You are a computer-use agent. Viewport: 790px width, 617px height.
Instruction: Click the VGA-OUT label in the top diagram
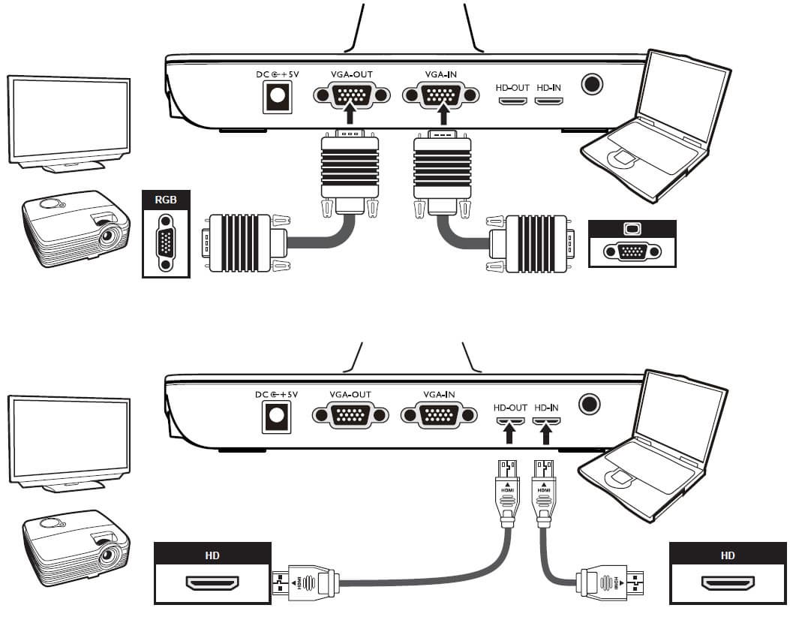click(x=350, y=74)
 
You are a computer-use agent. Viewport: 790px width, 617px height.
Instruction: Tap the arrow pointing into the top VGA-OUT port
click(x=350, y=113)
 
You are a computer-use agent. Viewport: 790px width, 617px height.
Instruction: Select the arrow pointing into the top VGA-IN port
click(x=443, y=113)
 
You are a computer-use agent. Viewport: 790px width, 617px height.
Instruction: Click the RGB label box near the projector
click(x=166, y=200)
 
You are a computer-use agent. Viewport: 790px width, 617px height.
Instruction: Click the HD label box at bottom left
click(x=212, y=556)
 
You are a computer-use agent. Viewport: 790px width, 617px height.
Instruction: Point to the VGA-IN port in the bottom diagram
click(x=440, y=416)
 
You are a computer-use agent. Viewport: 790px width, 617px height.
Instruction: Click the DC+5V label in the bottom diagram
click(x=277, y=395)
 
